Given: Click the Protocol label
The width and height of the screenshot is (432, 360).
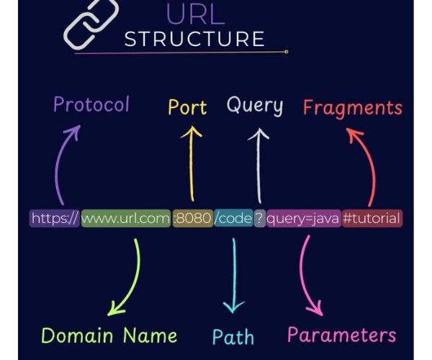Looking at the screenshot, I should [91, 105].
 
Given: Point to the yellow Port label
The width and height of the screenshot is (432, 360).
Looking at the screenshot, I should [187, 108].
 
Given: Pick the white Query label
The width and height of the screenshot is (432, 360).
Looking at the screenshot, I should [255, 106].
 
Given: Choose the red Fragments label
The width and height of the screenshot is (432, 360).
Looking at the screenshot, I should [352, 108].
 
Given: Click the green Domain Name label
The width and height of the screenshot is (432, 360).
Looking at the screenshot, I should [109, 335].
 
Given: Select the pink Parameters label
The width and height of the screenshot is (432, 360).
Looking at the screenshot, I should [341, 335].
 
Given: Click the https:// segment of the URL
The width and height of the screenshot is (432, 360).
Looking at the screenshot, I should [54, 218].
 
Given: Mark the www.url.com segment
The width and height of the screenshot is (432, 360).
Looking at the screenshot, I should [125, 218].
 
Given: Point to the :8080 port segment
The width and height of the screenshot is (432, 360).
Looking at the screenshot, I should [192, 218].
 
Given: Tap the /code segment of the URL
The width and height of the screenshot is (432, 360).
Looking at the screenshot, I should [233, 218].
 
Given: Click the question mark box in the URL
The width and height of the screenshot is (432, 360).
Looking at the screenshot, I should [259, 218].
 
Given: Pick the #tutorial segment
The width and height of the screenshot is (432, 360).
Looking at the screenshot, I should [372, 218].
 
